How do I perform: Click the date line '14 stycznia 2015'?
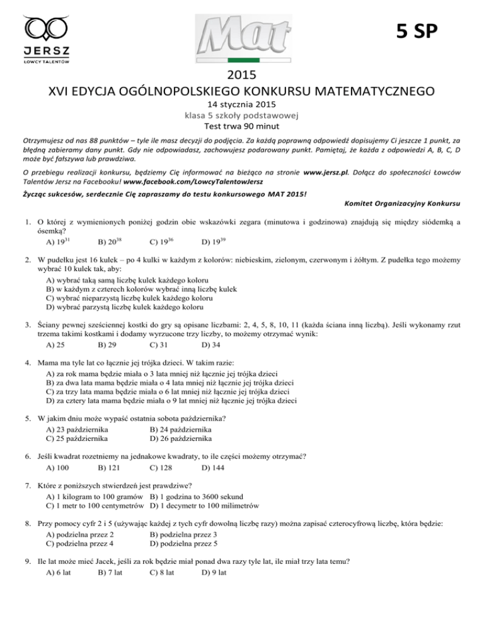pos(242,105)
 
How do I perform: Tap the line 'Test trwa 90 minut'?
pos(242,126)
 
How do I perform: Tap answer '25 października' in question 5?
pos(76,438)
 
